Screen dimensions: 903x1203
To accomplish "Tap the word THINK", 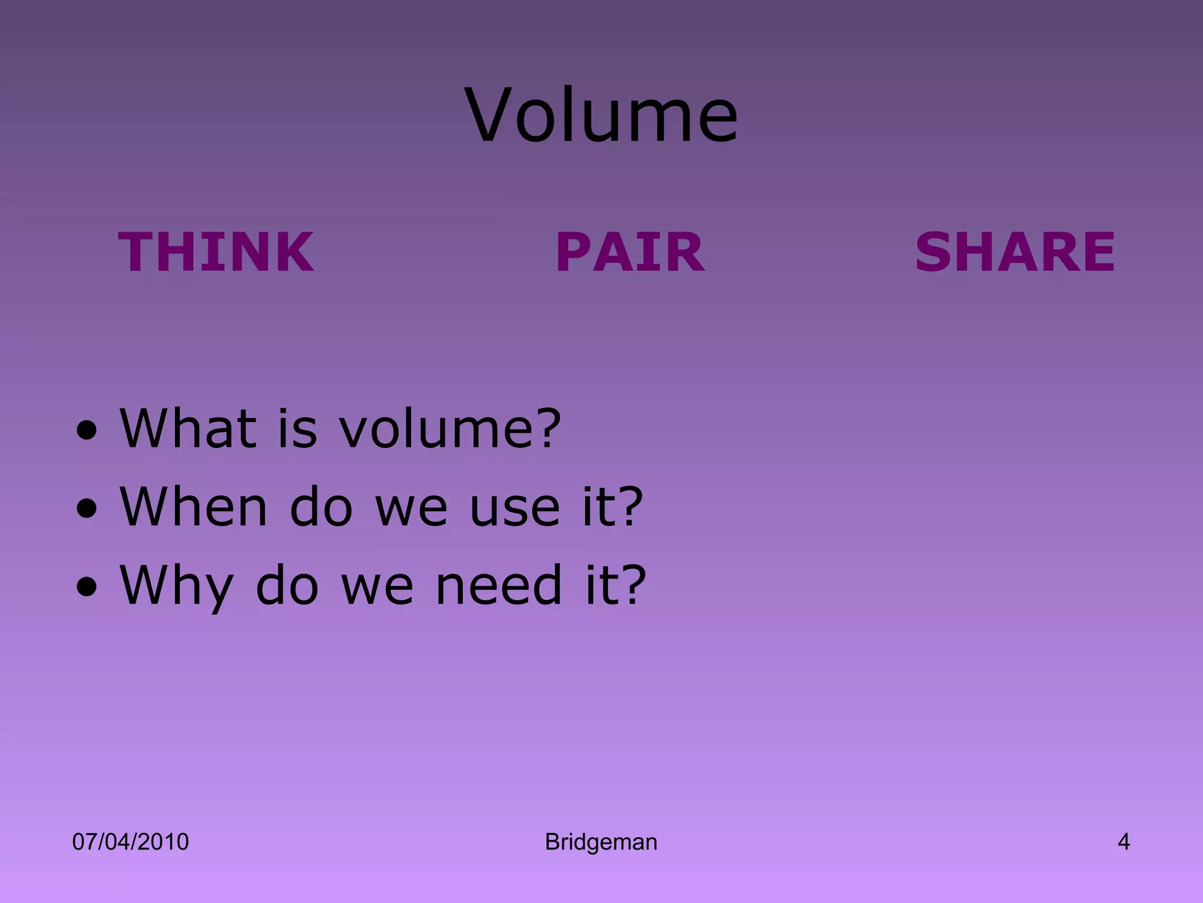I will (x=216, y=252).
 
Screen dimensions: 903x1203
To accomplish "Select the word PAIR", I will (x=630, y=252).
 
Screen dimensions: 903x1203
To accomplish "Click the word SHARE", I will (x=1015, y=252).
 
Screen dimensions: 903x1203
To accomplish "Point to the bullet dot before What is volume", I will (x=87, y=433).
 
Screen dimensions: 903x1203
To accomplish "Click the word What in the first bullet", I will (x=189, y=427).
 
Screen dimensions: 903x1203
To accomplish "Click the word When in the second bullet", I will (x=194, y=506).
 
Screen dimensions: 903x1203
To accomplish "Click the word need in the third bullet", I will (x=499, y=584).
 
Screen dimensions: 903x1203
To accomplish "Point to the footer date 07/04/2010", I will (x=130, y=842).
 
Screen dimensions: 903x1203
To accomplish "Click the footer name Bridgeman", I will (x=601, y=842).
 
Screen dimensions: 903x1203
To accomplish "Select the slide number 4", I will (x=1123, y=842).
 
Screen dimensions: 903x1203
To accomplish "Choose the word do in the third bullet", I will (x=287, y=584).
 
